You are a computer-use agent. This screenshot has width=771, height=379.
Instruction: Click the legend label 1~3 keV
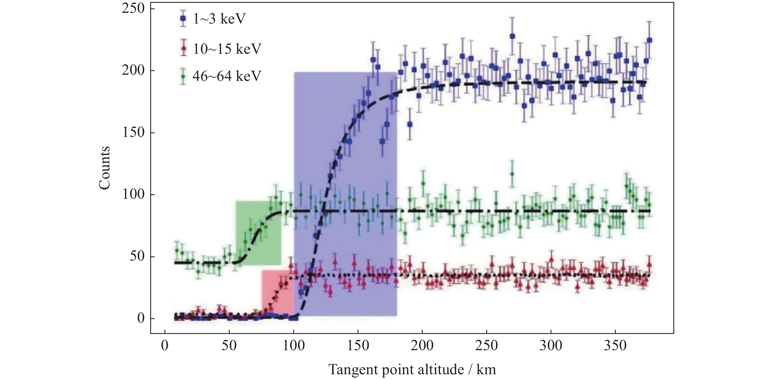pyautogui.click(x=219, y=19)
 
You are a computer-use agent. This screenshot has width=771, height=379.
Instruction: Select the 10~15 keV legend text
pyautogui.click(x=227, y=49)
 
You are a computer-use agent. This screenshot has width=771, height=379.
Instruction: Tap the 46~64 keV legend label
pyautogui.click(x=227, y=76)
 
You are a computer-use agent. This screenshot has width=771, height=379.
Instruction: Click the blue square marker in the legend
pyautogui.click(x=183, y=19)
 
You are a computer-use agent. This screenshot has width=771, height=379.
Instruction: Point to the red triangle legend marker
pyautogui.click(x=184, y=48)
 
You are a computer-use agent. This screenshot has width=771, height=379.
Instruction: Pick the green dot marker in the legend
pyautogui.click(x=183, y=76)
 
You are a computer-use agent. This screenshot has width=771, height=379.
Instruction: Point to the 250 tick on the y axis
pyautogui.click(x=133, y=9)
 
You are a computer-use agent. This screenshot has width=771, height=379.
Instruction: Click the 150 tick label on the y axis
pyautogui.click(x=133, y=133)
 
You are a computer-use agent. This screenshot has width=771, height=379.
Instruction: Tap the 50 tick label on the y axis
pyautogui.click(x=137, y=257)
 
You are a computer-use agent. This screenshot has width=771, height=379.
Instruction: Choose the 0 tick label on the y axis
pyautogui.click(x=141, y=319)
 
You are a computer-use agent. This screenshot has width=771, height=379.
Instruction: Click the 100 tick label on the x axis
pyautogui.click(x=294, y=345)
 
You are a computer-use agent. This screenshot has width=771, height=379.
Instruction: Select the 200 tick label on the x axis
pyautogui.click(x=422, y=345)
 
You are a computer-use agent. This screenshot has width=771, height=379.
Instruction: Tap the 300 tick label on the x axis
pyautogui.click(x=551, y=345)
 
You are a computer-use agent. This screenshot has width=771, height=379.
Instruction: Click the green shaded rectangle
pyautogui.click(x=258, y=233)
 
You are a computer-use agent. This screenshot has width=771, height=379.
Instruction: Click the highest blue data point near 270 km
pyautogui.click(x=513, y=36)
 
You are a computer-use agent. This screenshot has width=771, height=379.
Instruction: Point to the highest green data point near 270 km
pyautogui.click(x=512, y=174)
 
